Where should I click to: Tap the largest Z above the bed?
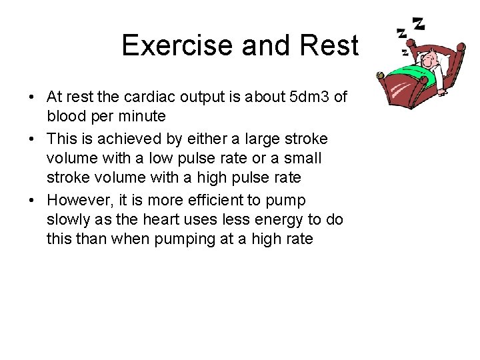[419, 25]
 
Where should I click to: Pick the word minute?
[139, 116]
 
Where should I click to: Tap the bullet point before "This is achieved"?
[32, 139]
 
